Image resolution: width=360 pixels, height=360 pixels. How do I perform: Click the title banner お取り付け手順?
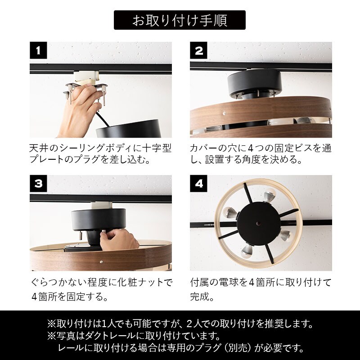(x=180, y=20)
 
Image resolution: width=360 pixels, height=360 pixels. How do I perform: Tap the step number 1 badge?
(x=38, y=50)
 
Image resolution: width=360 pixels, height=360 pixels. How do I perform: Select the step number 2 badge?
(x=198, y=50)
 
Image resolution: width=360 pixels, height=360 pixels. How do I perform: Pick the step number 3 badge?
(x=38, y=184)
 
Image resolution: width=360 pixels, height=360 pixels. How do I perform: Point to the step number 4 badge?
(x=198, y=184)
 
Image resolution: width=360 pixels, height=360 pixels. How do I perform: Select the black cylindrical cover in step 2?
(x=255, y=83)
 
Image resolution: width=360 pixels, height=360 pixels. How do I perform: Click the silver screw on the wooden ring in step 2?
(x=224, y=113)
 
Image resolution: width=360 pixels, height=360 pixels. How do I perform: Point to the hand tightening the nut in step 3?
(x=119, y=239)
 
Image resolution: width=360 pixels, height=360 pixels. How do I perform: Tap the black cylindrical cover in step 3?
(x=99, y=219)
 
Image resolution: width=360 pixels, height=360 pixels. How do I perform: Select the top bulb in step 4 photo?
(x=269, y=195)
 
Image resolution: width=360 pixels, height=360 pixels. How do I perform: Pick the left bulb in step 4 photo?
(x=230, y=212)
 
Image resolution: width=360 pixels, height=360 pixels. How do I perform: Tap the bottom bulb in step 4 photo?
(x=246, y=252)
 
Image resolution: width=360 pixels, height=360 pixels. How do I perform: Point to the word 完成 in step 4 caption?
(x=199, y=297)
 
